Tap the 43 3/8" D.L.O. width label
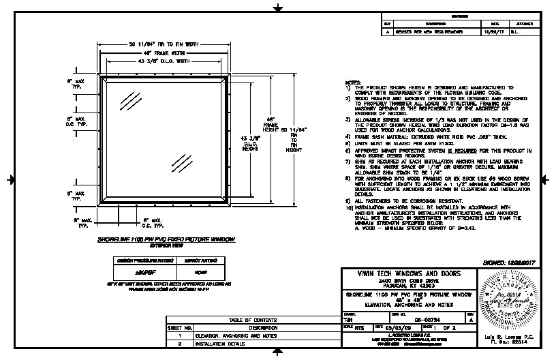point(166,61)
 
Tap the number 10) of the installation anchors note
point(349,207)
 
